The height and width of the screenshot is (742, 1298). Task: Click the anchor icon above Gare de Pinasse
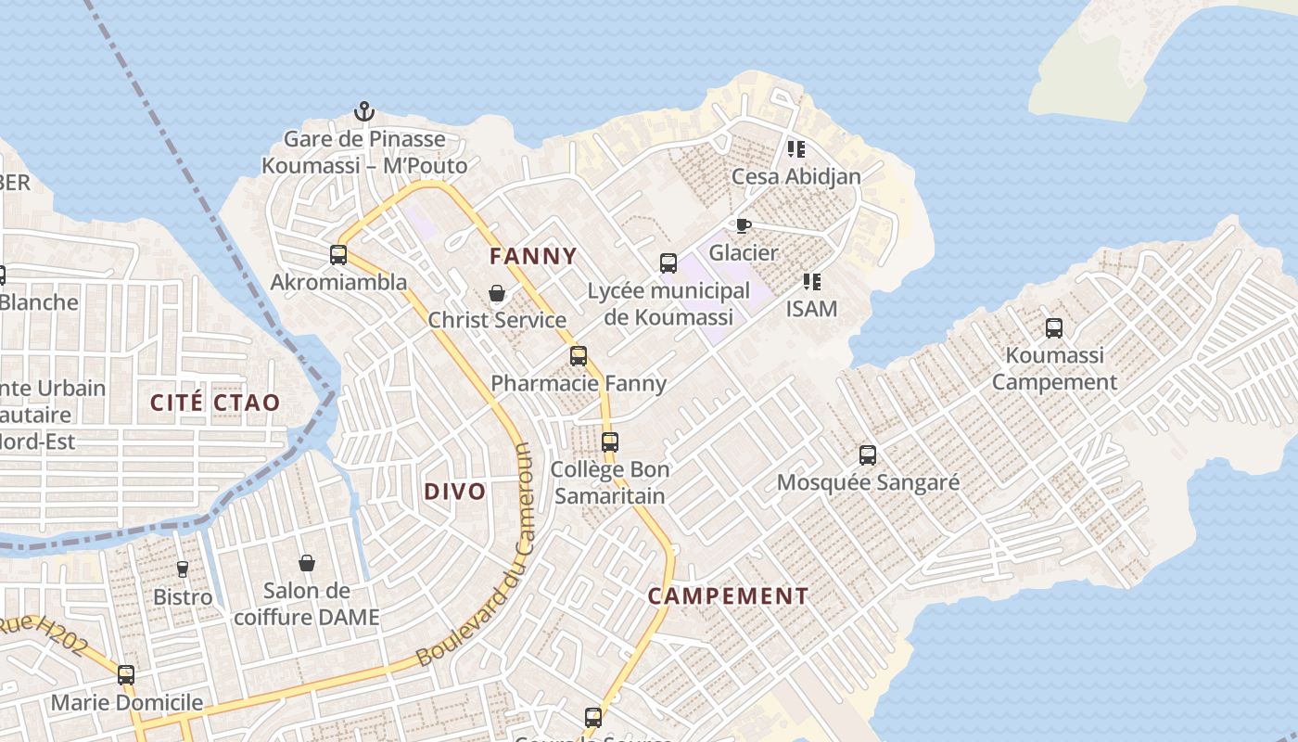[364, 111]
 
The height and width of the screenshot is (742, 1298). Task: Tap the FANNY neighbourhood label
[533, 256]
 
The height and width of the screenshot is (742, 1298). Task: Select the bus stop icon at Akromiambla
[338, 254]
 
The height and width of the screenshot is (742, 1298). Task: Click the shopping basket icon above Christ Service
[497, 293]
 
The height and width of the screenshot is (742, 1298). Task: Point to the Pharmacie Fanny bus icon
[579, 355]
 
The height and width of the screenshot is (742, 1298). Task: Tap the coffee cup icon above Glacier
[743, 225]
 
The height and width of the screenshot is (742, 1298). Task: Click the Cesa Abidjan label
[795, 176]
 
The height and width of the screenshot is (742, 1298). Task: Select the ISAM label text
[811, 309]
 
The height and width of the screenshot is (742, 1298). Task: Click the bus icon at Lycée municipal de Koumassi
[668, 263]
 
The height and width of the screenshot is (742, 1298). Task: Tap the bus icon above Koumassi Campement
[1054, 327]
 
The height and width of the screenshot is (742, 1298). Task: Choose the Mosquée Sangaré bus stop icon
[868, 455]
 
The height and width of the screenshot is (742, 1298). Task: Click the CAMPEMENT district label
[728, 596]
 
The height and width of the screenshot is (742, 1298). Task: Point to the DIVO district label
[454, 492]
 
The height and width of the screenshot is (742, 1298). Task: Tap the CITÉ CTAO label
[214, 403]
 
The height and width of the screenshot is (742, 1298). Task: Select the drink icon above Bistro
[183, 569]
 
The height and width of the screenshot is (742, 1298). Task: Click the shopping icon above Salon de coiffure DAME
[307, 563]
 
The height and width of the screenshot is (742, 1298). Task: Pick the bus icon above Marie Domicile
[126, 674]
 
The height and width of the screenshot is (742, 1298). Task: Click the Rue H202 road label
[46, 635]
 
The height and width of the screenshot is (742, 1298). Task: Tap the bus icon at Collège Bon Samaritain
[609, 442]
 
